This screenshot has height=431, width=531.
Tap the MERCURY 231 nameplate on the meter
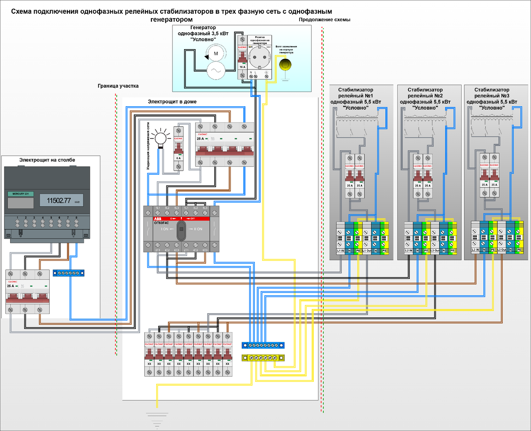[x=21, y=194]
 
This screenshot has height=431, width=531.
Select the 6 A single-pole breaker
[x=178, y=148]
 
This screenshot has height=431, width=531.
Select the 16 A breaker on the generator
[x=242, y=57]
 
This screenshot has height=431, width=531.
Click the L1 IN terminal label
[x=341, y=251]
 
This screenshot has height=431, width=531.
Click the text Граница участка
[x=118, y=86]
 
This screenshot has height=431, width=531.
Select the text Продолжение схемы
[x=325, y=20]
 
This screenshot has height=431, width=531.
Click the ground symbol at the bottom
[x=157, y=418]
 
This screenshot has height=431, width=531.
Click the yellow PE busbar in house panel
[x=263, y=357]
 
